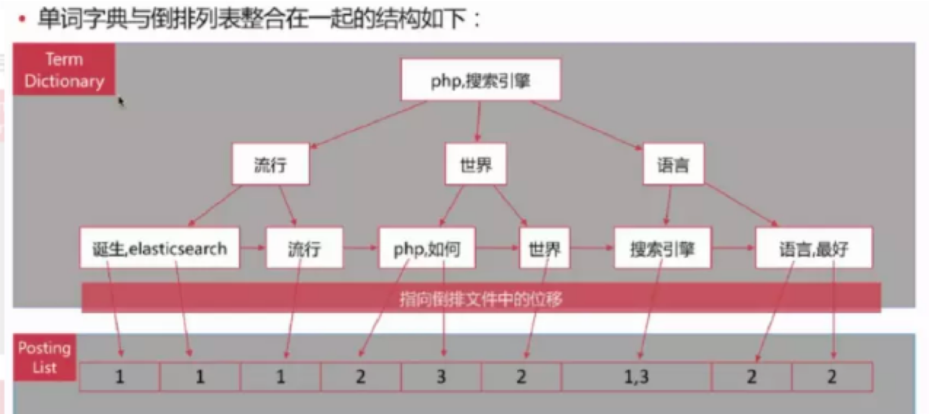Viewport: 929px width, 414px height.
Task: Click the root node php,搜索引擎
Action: [x=480, y=80]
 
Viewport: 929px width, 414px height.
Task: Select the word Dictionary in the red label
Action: [x=64, y=81]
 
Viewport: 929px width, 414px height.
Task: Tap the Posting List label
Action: [x=44, y=357]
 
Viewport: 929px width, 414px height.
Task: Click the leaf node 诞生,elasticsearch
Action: [x=159, y=248]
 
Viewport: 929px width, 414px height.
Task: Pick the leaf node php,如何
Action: [x=426, y=248]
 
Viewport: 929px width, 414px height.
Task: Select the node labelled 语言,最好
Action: [x=813, y=248]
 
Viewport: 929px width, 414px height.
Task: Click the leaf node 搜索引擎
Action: [x=662, y=248]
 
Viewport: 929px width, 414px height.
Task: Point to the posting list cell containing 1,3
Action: [x=636, y=376]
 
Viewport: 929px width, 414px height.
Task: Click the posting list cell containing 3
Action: [x=441, y=376]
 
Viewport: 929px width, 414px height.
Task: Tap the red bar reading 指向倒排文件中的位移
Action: [x=481, y=298]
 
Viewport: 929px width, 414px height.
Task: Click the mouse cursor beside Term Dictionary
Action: [x=121, y=101]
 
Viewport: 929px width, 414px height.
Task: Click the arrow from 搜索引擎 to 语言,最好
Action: [x=733, y=248]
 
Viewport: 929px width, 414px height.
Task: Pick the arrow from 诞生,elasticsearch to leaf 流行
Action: [x=252, y=248]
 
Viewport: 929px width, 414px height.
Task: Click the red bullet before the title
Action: [x=22, y=19]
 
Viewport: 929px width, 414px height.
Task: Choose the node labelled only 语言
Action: [x=673, y=165]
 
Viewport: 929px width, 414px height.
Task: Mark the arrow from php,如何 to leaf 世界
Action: [x=497, y=248]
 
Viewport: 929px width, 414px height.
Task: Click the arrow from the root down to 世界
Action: [x=478, y=121]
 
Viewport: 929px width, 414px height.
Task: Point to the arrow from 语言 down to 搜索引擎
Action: [x=668, y=205]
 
